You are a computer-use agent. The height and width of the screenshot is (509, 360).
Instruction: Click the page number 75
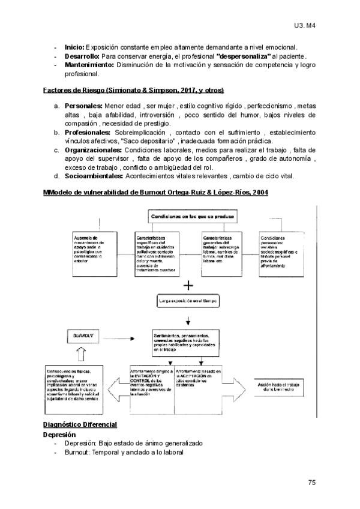click(x=311, y=482)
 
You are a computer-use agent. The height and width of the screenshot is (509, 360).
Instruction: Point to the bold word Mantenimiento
click(x=90, y=65)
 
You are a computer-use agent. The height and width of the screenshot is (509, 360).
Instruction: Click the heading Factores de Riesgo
click(x=133, y=91)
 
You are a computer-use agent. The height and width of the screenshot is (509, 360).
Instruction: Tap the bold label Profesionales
click(x=88, y=132)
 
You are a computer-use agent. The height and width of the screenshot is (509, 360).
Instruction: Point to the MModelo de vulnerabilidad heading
click(x=155, y=192)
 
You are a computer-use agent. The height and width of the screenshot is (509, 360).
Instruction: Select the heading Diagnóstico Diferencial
click(x=81, y=424)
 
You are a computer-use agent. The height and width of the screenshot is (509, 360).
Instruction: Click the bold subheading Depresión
click(x=59, y=433)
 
